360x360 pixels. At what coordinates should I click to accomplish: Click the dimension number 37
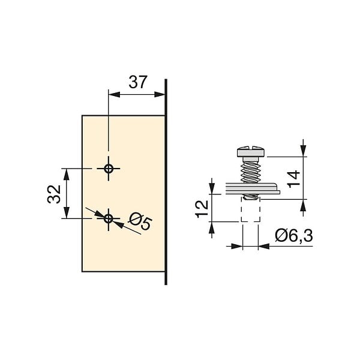coord(137,82)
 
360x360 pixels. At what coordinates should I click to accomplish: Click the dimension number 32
coord(54,194)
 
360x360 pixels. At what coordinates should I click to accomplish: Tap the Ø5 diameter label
coord(140,221)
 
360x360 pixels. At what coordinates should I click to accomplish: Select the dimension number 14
coord(294,179)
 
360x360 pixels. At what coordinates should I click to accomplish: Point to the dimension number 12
coord(202,209)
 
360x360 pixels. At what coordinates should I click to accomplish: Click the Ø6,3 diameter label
coord(294,235)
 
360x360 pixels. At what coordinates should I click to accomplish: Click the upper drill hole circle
coord(109,169)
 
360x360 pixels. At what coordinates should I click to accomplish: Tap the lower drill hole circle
coord(109,218)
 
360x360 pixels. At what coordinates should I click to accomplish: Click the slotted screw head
coord(250,151)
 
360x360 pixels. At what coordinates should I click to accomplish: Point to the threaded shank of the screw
coord(250,172)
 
